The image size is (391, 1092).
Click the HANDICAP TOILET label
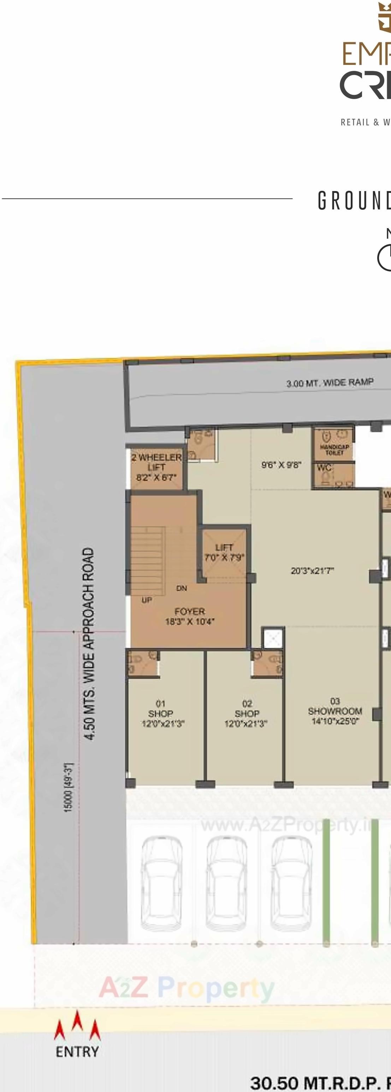334,449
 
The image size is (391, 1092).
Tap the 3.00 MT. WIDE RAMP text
330,383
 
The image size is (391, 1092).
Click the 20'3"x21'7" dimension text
312,571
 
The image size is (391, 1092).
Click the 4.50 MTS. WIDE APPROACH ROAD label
89,644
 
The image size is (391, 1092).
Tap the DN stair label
182,588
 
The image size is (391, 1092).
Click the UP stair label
147,600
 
